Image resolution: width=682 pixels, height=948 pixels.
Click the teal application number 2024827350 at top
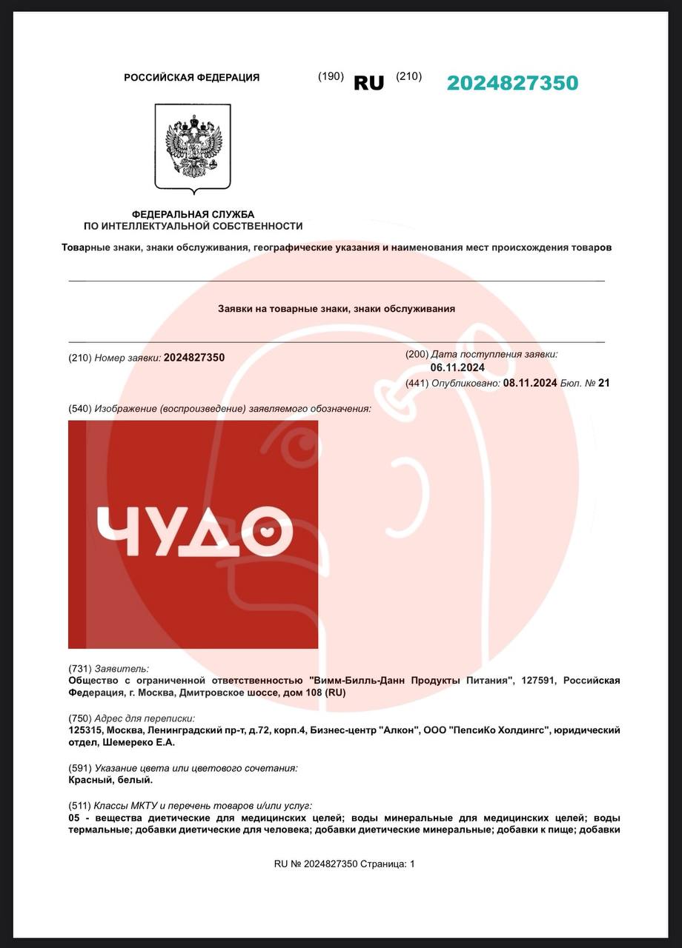(x=512, y=83)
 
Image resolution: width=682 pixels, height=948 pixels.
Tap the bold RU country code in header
(x=368, y=84)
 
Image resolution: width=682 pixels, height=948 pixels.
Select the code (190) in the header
(x=331, y=76)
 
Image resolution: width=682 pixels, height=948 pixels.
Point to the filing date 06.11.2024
(x=457, y=367)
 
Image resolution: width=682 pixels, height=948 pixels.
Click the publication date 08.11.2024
(x=529, y=383)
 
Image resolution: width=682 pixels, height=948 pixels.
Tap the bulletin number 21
(x=603, y=383)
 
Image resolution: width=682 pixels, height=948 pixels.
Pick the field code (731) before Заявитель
(x=80, y=668)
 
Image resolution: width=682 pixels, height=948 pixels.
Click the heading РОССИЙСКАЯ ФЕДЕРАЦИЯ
(x=191, y=78)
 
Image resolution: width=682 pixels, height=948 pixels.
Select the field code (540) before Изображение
(x=80, y=409)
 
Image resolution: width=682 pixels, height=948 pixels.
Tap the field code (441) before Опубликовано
(x=417, y=383)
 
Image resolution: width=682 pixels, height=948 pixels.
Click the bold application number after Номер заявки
(x=194, y=358)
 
